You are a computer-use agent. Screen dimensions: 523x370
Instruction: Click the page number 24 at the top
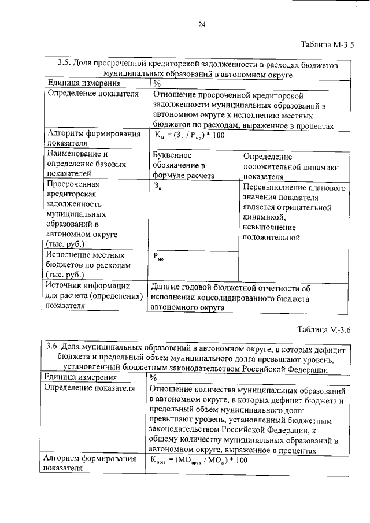click(x=201, y=24)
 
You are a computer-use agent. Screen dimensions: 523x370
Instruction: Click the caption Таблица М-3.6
click(x=328, y=331)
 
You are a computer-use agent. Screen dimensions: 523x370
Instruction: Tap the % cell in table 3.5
click(x=156, y=83)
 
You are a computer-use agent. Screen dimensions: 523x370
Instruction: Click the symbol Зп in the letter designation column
click(x=158, y=187)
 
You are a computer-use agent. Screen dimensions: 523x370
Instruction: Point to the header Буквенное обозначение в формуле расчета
click(x=184, y=166)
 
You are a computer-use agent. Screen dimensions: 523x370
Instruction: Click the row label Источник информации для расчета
click(x=94, y=296)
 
